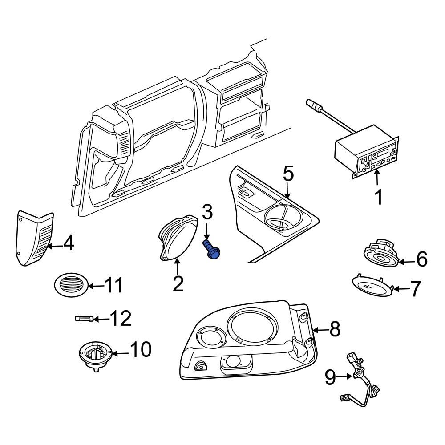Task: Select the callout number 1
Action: click(378, 198)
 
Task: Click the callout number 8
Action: click(334, 329)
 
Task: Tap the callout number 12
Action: click(120, 319)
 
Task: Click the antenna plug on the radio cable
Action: click(313, 106)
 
